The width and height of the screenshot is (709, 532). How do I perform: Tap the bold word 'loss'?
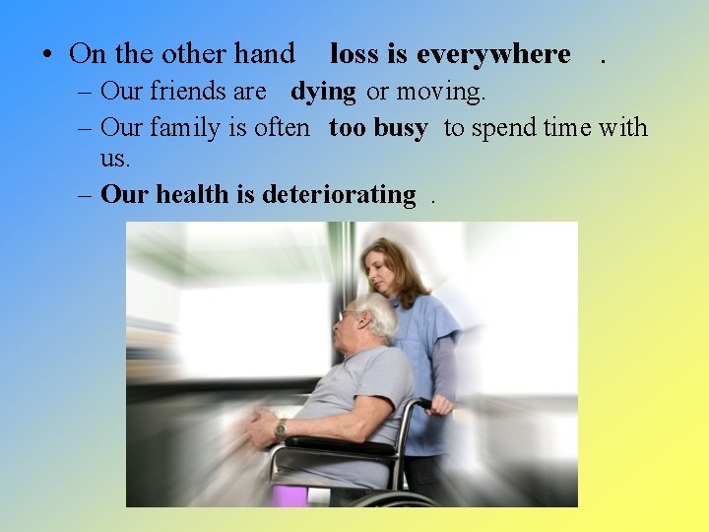(x=355, y=54)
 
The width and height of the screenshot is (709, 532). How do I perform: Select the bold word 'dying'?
(x=323, y=93)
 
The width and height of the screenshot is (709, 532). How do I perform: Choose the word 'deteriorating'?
(x=339, y=195)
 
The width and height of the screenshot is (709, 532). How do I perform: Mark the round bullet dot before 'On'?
(x=47, y=55)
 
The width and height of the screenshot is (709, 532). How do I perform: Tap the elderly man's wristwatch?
(x=281, y=429)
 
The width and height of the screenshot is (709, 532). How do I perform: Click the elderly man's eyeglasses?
(x=351, y=314)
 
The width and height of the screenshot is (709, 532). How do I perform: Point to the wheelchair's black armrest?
(x=335, y=444)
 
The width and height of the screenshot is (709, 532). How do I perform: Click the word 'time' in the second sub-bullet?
(x=564, y=128)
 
